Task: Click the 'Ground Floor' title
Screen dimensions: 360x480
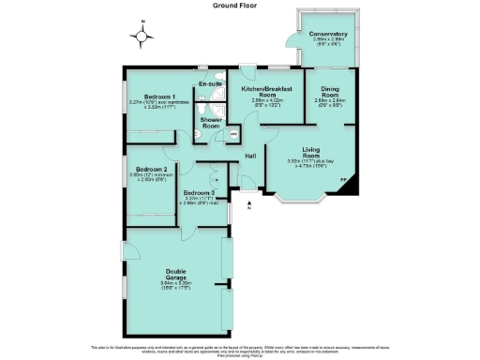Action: (x=240, y=5)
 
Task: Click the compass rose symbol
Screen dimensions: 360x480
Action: (x=142, y=37)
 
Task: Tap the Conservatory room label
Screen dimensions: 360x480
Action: (x=327, y=35)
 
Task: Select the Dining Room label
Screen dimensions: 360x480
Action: (x=330, y=91)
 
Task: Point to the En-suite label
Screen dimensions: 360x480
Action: (x=209, y=84)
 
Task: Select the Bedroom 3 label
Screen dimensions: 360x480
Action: (x=201, y=193)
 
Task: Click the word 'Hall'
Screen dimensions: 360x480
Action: (x=251, y=156)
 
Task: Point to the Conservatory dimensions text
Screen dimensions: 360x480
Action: (x=327, y=44)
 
